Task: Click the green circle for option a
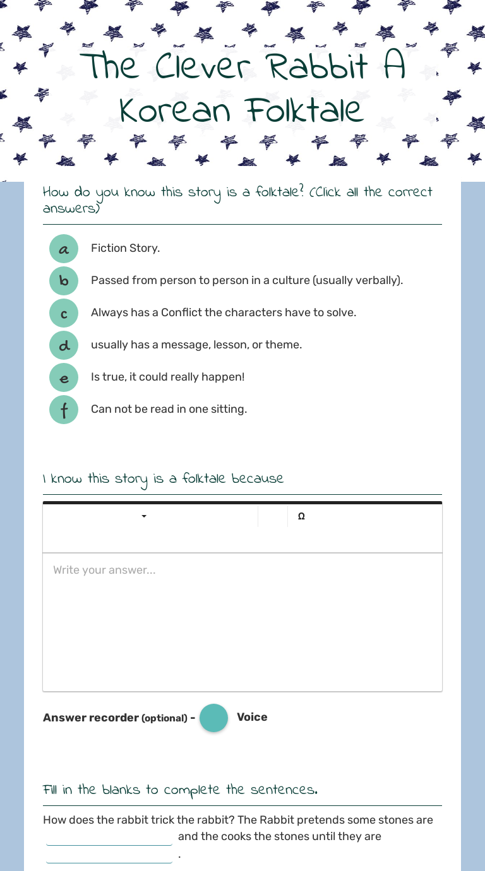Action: pos(64,249)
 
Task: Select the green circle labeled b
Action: pos(64,281)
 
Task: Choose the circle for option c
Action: pos(64,313)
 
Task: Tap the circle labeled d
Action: pos(64,345)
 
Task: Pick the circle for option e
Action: pos(64,377)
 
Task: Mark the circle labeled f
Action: pos(64,410)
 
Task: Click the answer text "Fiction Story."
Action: pos(125,248)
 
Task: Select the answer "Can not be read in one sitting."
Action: pos(169,409)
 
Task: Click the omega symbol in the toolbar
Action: pos(301,516)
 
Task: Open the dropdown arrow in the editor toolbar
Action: pos(144,516)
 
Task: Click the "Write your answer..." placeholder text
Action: pos(104,570)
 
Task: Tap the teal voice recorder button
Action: pos(213,718)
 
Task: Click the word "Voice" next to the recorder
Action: pos(252,717)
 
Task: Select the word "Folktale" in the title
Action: pos(305,111)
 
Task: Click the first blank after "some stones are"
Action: pos(109,838)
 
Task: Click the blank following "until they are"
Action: pos(109,856)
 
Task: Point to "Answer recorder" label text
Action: pos(91,718)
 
